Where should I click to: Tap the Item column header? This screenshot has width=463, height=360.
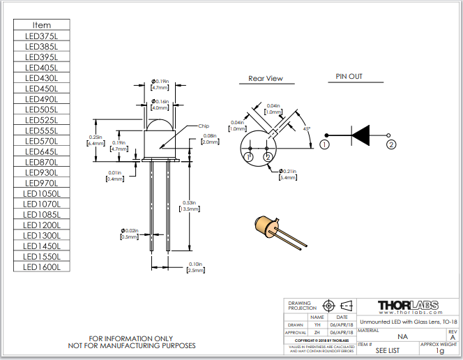coord(42,25)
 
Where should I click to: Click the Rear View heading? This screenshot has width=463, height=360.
coord(266,78)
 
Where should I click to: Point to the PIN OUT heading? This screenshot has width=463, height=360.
coord(349,77)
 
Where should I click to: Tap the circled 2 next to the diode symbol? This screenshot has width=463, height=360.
coord(391,144)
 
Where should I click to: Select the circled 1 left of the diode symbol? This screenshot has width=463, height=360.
coord(324,144)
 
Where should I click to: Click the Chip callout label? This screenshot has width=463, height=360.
coord(204,126)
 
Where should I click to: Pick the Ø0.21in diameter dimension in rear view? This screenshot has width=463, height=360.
coord(289,174)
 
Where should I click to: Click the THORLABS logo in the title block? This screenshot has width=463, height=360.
coord(408,306)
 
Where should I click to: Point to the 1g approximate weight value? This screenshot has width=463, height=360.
coord(439,351)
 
